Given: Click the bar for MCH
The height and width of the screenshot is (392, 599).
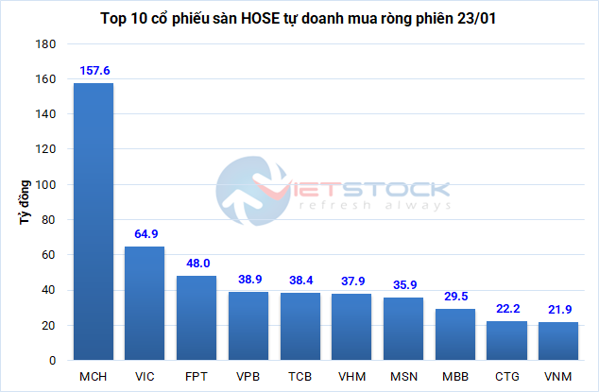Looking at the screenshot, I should point(94,222).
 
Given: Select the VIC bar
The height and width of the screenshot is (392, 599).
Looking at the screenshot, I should point(145,303).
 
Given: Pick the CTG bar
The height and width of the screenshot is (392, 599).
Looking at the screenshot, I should point(506,341).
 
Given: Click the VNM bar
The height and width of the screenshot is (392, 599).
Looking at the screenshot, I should point(558,341).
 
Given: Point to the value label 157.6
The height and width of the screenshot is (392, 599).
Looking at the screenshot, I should point(94,70).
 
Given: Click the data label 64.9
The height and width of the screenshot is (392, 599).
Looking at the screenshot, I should point(145,233).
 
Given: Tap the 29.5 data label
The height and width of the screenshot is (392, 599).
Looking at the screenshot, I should point(455,296).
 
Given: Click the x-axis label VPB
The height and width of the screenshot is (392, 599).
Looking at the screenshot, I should point(248,377).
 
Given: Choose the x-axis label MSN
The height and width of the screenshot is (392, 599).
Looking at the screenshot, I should point(403,377).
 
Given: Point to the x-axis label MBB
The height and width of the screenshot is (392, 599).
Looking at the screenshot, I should point(455,377).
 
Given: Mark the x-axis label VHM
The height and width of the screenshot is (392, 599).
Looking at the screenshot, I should point(351,377).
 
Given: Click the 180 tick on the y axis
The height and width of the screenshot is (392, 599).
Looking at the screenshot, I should point(44,44).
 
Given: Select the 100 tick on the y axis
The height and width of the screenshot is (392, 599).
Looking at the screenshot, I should point(44,185).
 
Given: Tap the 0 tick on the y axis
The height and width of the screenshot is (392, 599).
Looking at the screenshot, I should point(53,361).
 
